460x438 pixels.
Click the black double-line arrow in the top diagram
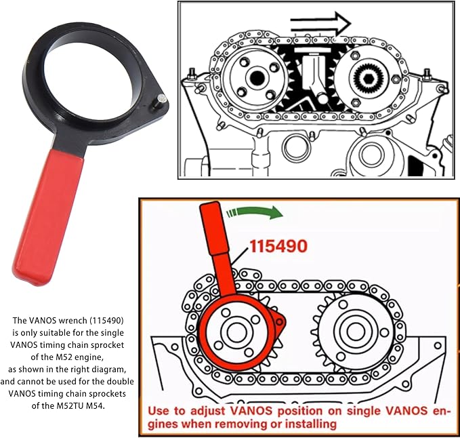[x=318, y=25]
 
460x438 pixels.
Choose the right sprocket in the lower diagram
[x=353, y=330]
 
